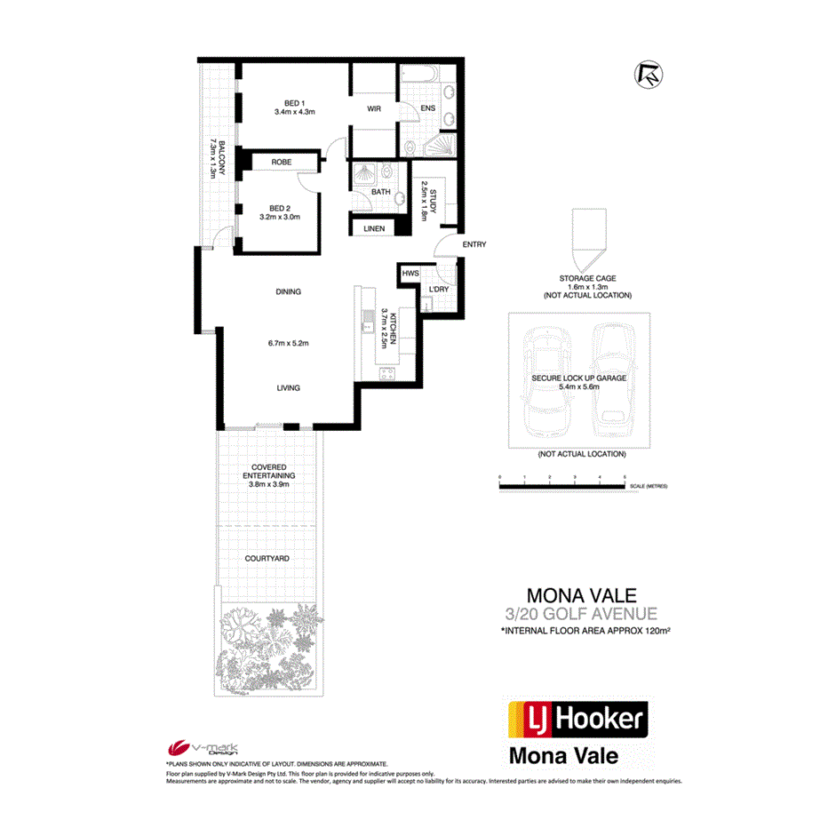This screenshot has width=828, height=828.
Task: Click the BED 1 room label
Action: pyautogui.click(x=295, y=101)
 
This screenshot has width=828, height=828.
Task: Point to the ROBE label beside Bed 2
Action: pyautogui.click(x=282, y=163)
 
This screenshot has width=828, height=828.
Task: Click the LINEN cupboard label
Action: pyautogui.click(x=374, y=228)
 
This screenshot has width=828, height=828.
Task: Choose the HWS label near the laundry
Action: pyautogui.click(x=410, y=274)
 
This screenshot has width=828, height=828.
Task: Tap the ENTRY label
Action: pyautogui.click(x=474, y=245)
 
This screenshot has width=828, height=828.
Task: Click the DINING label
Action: pyautogui.click(x=288, y=291)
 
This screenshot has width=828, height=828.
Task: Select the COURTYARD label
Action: pyautogui.click(x=268, y=558)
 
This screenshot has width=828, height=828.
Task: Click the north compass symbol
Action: pyautogui.click(x=649, y=76)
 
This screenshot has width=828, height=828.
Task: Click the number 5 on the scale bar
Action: pyautogui.click(x=625, y=478)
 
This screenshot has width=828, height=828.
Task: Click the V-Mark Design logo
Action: pyautogui.click(x=196, y=748)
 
